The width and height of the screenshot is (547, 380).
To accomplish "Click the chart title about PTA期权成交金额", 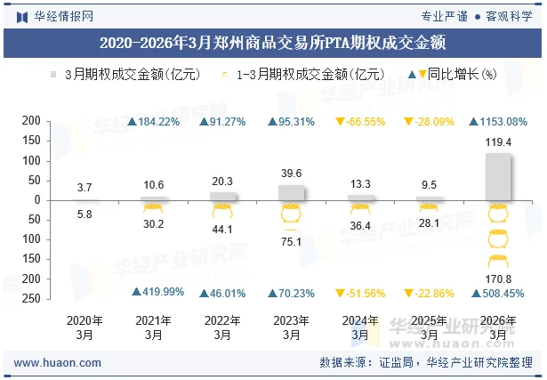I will [x=273, y=41].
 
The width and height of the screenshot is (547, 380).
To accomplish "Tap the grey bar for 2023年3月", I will [x=291, y=192].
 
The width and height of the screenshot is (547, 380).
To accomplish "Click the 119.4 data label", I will [x=498, y=142].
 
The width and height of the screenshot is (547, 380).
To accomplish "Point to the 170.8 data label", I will [x=498, y=279].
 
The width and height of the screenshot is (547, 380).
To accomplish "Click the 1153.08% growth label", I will [x=503, y=121].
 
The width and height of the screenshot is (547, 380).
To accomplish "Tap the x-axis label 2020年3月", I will [x=84, y=327].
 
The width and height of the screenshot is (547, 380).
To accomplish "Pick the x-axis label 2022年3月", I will [x=221, y=327].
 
